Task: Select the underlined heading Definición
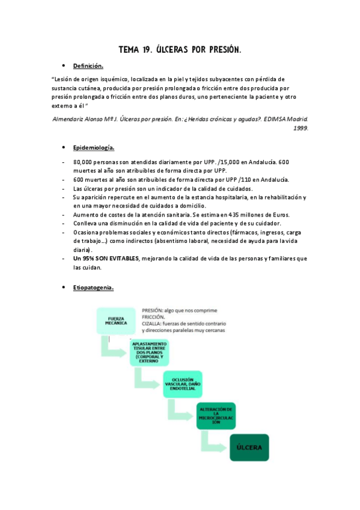point(88,66)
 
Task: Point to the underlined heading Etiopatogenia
point(93,287)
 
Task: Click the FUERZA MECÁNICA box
point(116,321)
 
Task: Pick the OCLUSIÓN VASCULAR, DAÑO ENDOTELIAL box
point(186,383)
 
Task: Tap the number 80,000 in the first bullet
point(85,162)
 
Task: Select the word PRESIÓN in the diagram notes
point(154,309)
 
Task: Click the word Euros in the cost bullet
point(279,215)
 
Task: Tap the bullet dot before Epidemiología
point(63,147)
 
